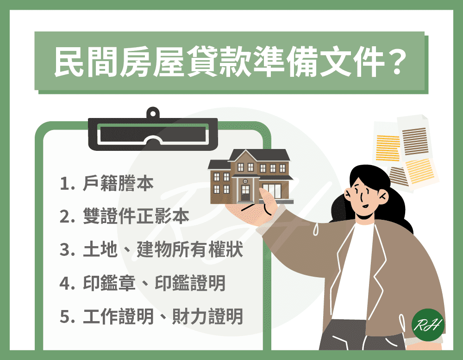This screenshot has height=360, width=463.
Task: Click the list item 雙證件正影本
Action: click(x=136, y=216)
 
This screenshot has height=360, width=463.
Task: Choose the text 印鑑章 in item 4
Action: click(x=109, y=283)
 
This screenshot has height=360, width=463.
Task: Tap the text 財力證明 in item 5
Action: click(x=207, y=317)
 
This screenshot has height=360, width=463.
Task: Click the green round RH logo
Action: click(x=428, y=325)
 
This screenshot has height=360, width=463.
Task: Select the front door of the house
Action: click(x=245, y=193)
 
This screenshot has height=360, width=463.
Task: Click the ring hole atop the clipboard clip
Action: click(x=153, y=113)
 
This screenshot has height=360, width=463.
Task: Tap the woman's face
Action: click(x=364, y=195)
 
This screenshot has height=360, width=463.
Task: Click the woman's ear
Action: click(x=383, y=196)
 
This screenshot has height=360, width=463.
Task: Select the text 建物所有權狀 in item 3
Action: click(x=189, y=249)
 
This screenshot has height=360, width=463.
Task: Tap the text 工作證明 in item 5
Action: click(x=118, y=317)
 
